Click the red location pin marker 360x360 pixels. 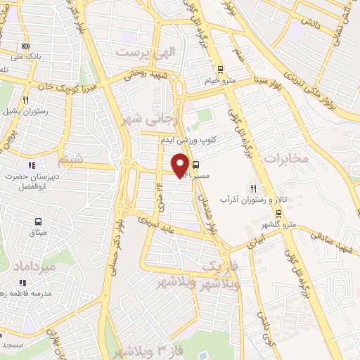(181, 165)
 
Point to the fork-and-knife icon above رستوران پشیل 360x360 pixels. (25, 101)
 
